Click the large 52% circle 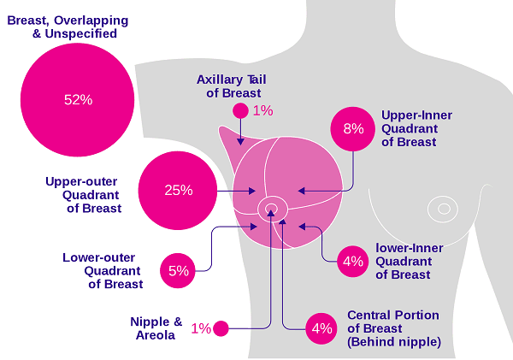[x=78, y=100]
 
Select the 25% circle [x=178, y=191]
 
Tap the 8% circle [x=353, y=129]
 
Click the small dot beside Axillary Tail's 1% [x=240, y=110]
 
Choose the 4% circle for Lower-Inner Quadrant [x=352, y=262]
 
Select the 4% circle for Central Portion [x=321, y=328]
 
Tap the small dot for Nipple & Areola [x=221, y=328]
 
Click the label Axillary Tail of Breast [x=233, y=86]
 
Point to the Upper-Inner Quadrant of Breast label [x=416, y=128]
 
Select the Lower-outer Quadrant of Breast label [x=103, y=270]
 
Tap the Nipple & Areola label [x=156, y=328]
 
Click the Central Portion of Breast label [x=393, y=328]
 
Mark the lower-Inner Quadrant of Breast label [x=409, y=261]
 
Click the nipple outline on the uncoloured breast [x=443, y=208]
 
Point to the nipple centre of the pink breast [x=273, y=207]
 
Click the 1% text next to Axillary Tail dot [x=262, y=110]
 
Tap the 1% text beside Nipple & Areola [x=201, y=328]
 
